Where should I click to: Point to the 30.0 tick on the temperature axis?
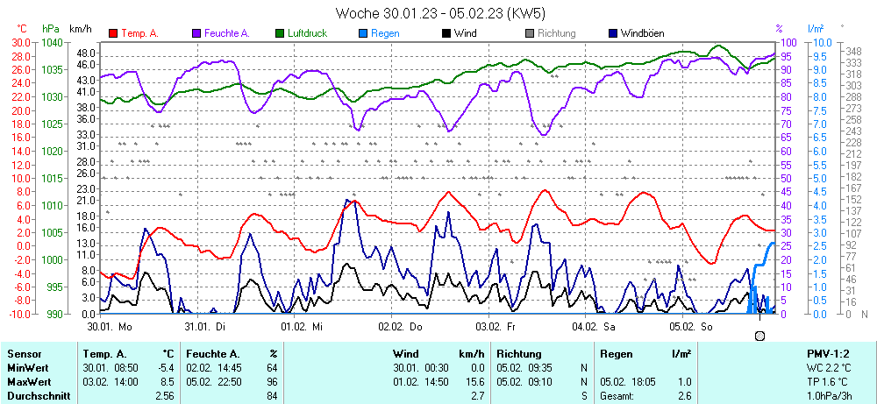click(x=20, y=42)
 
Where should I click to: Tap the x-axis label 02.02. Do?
click(x=400, y=326)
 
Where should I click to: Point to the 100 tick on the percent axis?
click(x=788, y=42)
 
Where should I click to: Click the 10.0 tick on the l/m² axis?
click(x=818, y=42)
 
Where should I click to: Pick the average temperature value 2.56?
click(x=164, y=396)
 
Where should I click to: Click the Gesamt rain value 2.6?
click(x=684, y=396)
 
